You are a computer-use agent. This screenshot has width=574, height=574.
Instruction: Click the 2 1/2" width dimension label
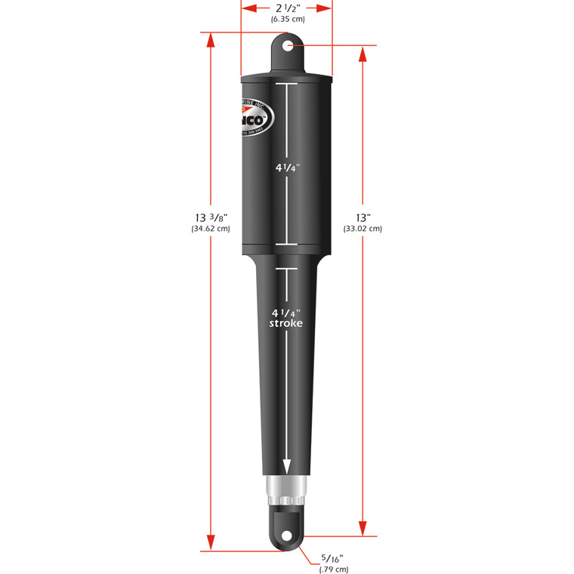(287, 8)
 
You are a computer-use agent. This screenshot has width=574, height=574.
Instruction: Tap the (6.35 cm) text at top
(287, 20)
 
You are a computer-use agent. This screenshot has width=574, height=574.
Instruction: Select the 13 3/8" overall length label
(211, 218)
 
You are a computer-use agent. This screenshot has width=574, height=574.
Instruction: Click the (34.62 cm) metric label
(211, 229)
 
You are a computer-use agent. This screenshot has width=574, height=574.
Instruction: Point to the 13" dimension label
(363, 218)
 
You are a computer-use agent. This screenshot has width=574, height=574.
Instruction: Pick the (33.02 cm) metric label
(363, 229)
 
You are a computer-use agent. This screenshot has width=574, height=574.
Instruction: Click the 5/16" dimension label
(332, 558)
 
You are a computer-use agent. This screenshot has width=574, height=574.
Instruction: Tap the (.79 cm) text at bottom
(332, 569)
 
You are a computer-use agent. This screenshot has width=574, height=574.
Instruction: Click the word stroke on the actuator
(286, 323)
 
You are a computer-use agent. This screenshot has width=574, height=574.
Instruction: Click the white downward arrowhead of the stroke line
(287, 466)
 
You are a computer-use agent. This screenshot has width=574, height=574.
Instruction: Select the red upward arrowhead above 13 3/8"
(211, 42)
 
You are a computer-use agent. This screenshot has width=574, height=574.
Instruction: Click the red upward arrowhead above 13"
(363, 54)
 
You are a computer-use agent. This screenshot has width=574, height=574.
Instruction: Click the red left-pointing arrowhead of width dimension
(248, 8)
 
